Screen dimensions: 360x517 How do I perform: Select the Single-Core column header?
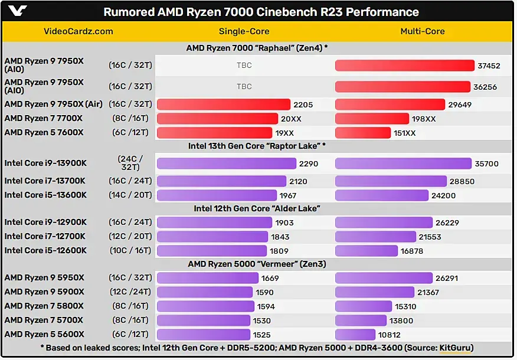(x=244, y=31)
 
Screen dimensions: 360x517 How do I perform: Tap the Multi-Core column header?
(x=423, y=31)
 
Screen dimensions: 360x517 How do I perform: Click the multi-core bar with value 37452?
(x=405, y=66)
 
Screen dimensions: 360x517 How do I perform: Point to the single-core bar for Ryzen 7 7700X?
(x=217, y=119)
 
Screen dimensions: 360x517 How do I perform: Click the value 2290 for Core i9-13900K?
(x=309, y=163)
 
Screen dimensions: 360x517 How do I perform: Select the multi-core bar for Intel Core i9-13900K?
(x=403, y=163)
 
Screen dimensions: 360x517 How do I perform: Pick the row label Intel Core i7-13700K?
(x=45, y=181)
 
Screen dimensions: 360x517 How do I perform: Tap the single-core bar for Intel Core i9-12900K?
(x=215, y=222)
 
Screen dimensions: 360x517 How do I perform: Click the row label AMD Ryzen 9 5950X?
(x=44, y=278)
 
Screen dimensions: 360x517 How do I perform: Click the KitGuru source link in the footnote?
(x=456, y=348)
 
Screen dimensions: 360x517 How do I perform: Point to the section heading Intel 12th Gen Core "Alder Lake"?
(x=257, y=208)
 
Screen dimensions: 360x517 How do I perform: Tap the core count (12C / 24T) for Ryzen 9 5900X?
(x=130, y=292)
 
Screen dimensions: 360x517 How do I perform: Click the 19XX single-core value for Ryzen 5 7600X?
(x=288, y=133)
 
